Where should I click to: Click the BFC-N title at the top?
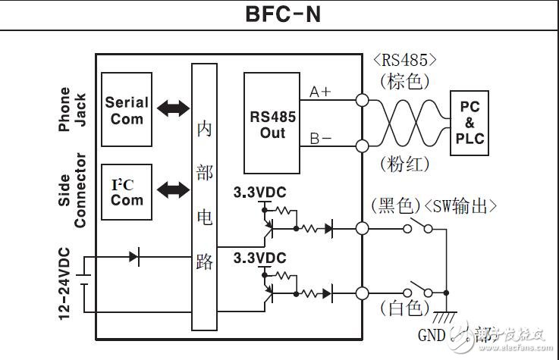tap(279, 14)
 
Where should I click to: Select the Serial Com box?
tap(127, 109)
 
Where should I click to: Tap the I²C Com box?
tap(127, 193)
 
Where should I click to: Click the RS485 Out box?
tap(273, 124)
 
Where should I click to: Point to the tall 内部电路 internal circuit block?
tap(205, 197)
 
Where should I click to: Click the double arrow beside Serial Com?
tap(172, 109)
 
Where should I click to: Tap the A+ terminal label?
tap(320, 92)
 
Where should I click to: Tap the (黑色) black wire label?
tap(395, 205)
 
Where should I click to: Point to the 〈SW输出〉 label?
tap(460, 205)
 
